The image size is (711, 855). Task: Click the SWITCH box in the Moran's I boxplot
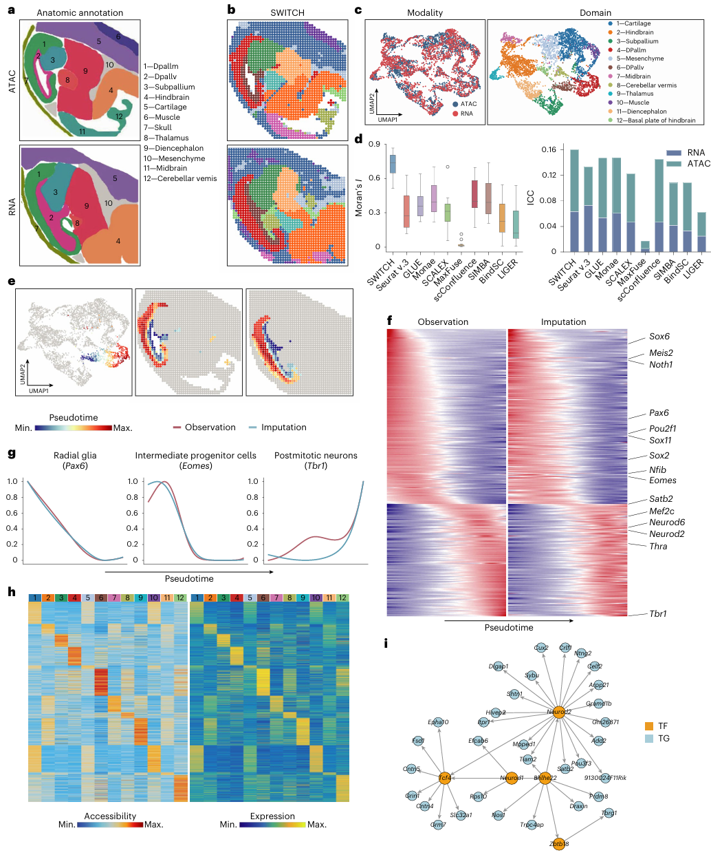tap(393, 164)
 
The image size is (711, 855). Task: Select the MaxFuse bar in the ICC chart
tap(625, 246)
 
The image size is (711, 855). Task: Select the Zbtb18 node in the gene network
tap(558, 844)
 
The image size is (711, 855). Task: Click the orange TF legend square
tap(648, 726)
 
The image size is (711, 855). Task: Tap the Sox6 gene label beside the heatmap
tap(659, 337)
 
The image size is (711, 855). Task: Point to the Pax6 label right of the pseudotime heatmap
tap(659, 413)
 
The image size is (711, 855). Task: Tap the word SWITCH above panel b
tap(287, 13)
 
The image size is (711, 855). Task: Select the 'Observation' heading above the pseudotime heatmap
tap(443, 322)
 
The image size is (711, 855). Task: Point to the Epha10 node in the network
tap(438, 722)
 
